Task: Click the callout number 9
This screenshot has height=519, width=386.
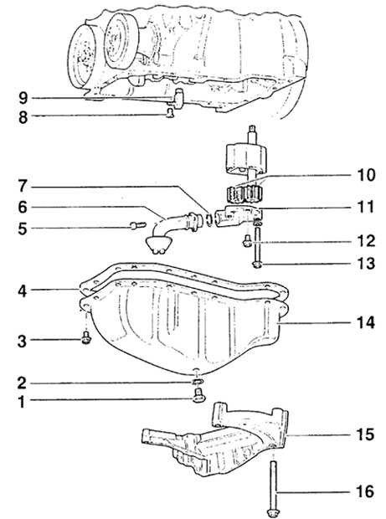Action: pyautogui.click(x=23, y=98)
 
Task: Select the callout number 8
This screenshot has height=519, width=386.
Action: pyautogui.click(x=23, y=117)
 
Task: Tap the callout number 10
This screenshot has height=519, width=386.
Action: pyautogui.click(x=366, y=174)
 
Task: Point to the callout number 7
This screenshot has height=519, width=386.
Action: pyautogui.click(x=22, y=187)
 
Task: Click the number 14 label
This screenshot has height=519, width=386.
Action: pyautogui.click(x=365, y=323)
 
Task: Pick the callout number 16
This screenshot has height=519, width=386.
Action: pyautogui.click(x=365, y=491)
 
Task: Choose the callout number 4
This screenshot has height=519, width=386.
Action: pyautogui.click(x=22, y=291)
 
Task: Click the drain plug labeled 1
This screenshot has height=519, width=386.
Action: pyautogui.click(x=198, y=396)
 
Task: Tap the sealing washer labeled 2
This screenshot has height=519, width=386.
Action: pyautogui.click(x=198, y=382)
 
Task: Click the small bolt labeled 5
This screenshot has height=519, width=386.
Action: pyautogui.click(x=137, y=226)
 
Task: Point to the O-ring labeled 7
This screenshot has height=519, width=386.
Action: pyautogui.click(x=208, y=220)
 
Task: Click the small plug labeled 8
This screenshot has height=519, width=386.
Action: pyautogui.click(x=170, y=113)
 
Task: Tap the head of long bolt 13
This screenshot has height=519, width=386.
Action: pyautogui.click(x=257, y=265)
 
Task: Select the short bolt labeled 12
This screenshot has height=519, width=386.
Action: pyautogui.click(x=247, y=240)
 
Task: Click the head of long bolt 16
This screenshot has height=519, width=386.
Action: pyautogui.click(x=272, y=512)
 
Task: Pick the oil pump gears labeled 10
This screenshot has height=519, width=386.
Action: pyautogui.click(x=244, y=194)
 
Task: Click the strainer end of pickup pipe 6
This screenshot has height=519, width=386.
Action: pyautogui.click(x=158, y=245)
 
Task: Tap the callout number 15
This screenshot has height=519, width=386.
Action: pyautogui.click(x=365, y=434)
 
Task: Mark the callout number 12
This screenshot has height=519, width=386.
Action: pyautogui.click(x=366, y=241)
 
